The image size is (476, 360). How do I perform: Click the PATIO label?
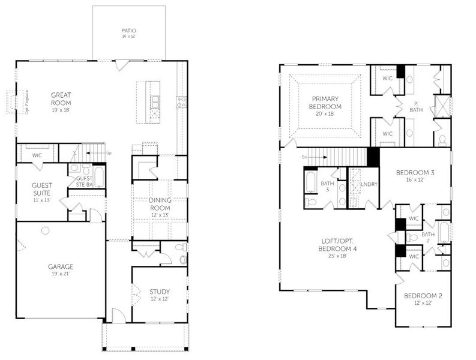click(128, 30)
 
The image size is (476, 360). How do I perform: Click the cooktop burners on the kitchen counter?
click(178, 101)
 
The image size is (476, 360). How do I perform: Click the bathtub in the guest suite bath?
click(99, 177)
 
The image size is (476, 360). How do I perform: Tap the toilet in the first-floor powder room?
click(182, 259)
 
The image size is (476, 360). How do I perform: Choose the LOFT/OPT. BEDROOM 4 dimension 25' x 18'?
click(336, 256)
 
